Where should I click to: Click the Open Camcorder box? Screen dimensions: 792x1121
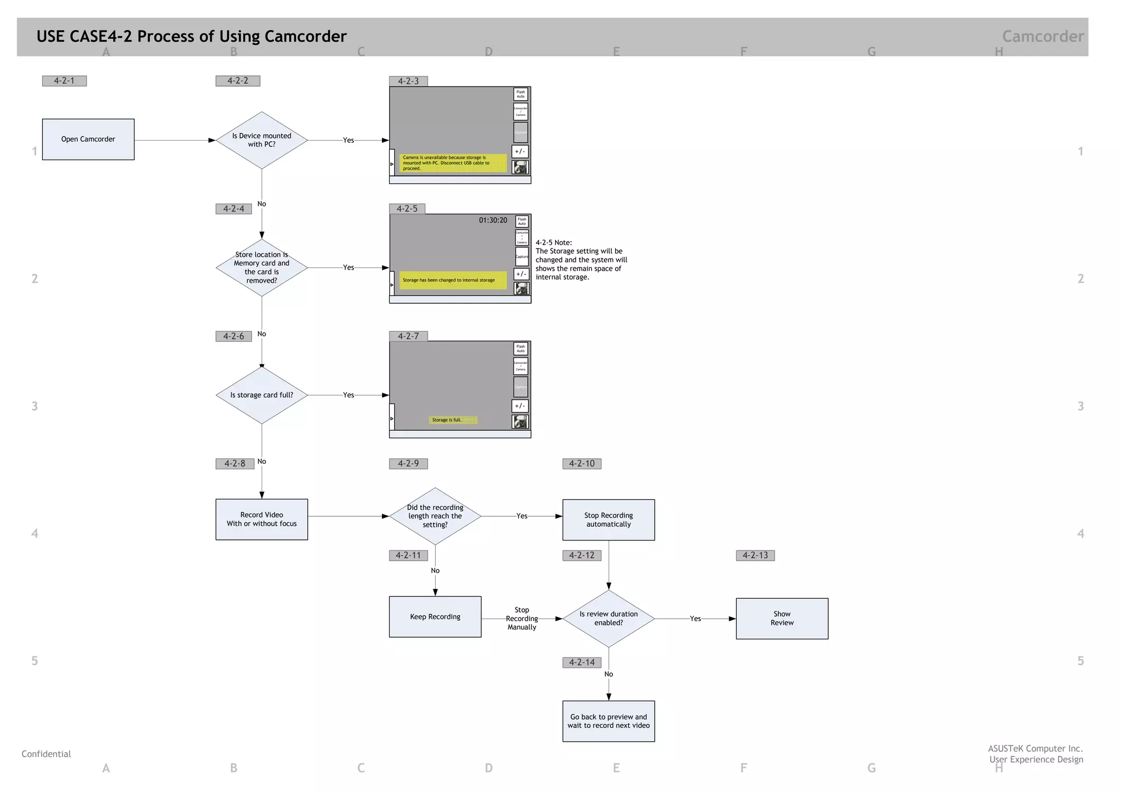(88, 139)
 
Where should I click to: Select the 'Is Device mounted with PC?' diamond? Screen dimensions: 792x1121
(262, 140)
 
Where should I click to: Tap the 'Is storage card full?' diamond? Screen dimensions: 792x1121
(262, 395)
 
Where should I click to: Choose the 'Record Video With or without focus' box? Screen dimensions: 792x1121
(262, 519)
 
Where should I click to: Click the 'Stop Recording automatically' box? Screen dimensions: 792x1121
(608, 520)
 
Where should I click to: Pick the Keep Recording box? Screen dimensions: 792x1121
(435, 616)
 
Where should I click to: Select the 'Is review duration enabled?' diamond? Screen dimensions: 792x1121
(608, 618)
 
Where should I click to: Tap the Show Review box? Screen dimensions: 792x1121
(782, 618)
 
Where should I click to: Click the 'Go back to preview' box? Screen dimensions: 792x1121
(608, 721)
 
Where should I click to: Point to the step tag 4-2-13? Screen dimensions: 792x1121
(755, 555)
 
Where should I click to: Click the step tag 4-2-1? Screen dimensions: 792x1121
(64, 81)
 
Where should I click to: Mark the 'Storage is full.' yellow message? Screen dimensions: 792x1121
(453, 420)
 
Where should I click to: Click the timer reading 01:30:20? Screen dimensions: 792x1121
(493, 220)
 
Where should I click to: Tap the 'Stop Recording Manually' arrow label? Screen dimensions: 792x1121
(522, 619)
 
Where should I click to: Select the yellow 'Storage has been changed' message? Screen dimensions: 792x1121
(453, 280)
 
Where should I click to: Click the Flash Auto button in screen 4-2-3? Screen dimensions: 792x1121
(521, 94)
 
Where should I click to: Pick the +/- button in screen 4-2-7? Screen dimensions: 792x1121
(519, 406)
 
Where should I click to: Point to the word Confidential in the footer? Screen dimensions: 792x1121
(46, 754)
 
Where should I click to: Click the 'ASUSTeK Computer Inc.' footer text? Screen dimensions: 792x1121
(1035, 748)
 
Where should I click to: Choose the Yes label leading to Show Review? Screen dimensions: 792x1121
(695, 619)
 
